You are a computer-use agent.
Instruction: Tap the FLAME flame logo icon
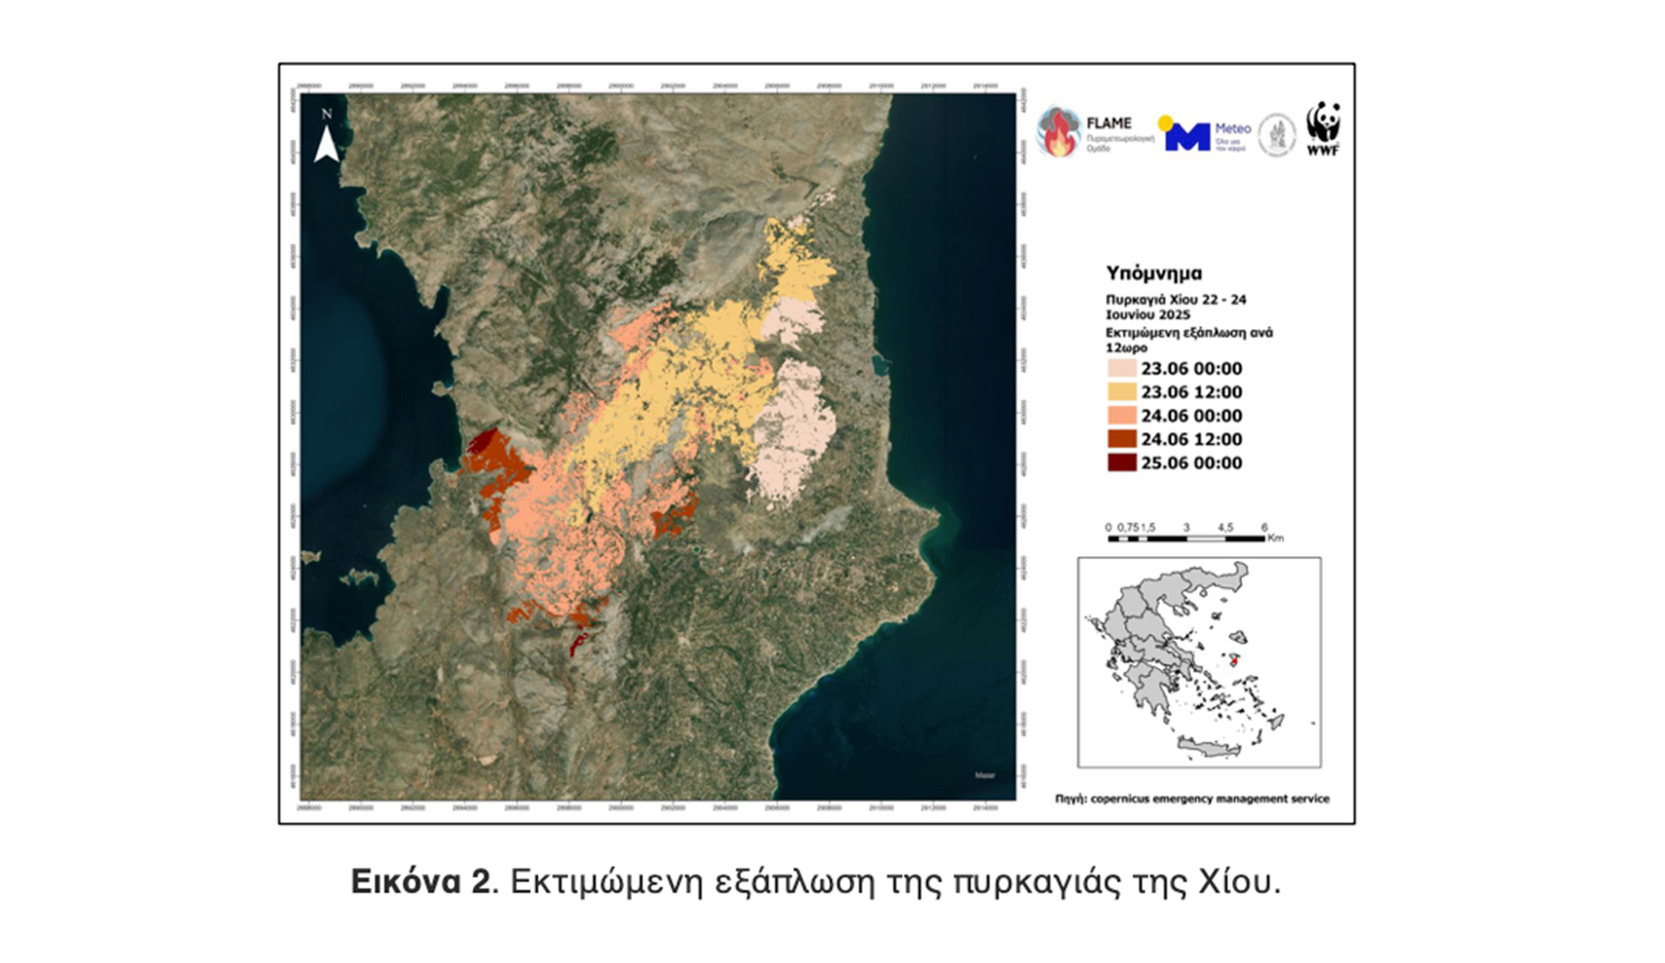click(x=1058, y=133)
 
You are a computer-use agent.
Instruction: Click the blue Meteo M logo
click(x=1186, y=136)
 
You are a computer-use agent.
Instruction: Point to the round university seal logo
click(x=1276, y=135)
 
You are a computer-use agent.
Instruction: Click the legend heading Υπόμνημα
click(x=1153, y=273)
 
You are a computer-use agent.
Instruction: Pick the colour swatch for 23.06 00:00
click(x=1121, y=368)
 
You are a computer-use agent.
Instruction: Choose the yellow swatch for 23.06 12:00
click(x=1121, y=392)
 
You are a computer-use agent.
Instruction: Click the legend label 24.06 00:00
click(x=1191, y=416)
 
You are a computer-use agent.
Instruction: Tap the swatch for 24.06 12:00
click(x=1121, y=439)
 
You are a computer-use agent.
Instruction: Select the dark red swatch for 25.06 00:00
click(x=1121, y=462)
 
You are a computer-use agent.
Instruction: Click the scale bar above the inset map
click(x=1185, y=538)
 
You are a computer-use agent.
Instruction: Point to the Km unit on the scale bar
click(x=1275, y=538)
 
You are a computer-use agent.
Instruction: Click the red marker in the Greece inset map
click(x=1235, y=661)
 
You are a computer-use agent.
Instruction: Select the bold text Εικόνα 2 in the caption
click(x=420, y=882)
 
